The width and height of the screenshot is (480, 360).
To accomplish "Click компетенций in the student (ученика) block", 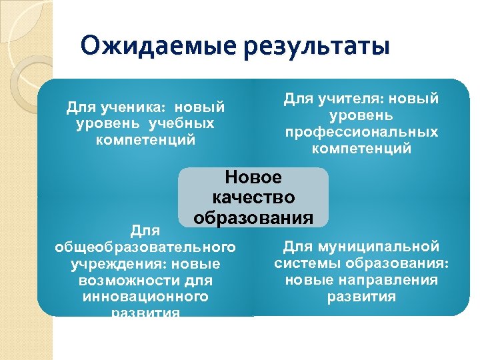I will click(x=145, y=140).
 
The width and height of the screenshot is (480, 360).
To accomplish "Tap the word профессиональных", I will click(x=361, y=132).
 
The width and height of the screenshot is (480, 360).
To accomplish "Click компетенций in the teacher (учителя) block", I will click(x=361, y=149).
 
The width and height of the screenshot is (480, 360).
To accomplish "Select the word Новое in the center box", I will click(x=253, y=177).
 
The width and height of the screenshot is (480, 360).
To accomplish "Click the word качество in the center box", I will click(x=253, y=198).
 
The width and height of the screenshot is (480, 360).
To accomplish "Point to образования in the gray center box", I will click(x=253, y=218).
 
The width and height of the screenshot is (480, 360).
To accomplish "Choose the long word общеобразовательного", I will click(x=145, y=247).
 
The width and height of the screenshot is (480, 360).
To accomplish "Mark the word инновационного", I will click(x=145, y=297).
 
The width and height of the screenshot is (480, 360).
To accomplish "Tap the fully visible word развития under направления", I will click(x=361, y=297).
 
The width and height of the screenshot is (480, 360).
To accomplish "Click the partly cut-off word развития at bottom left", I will click(x=145, y=312).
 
